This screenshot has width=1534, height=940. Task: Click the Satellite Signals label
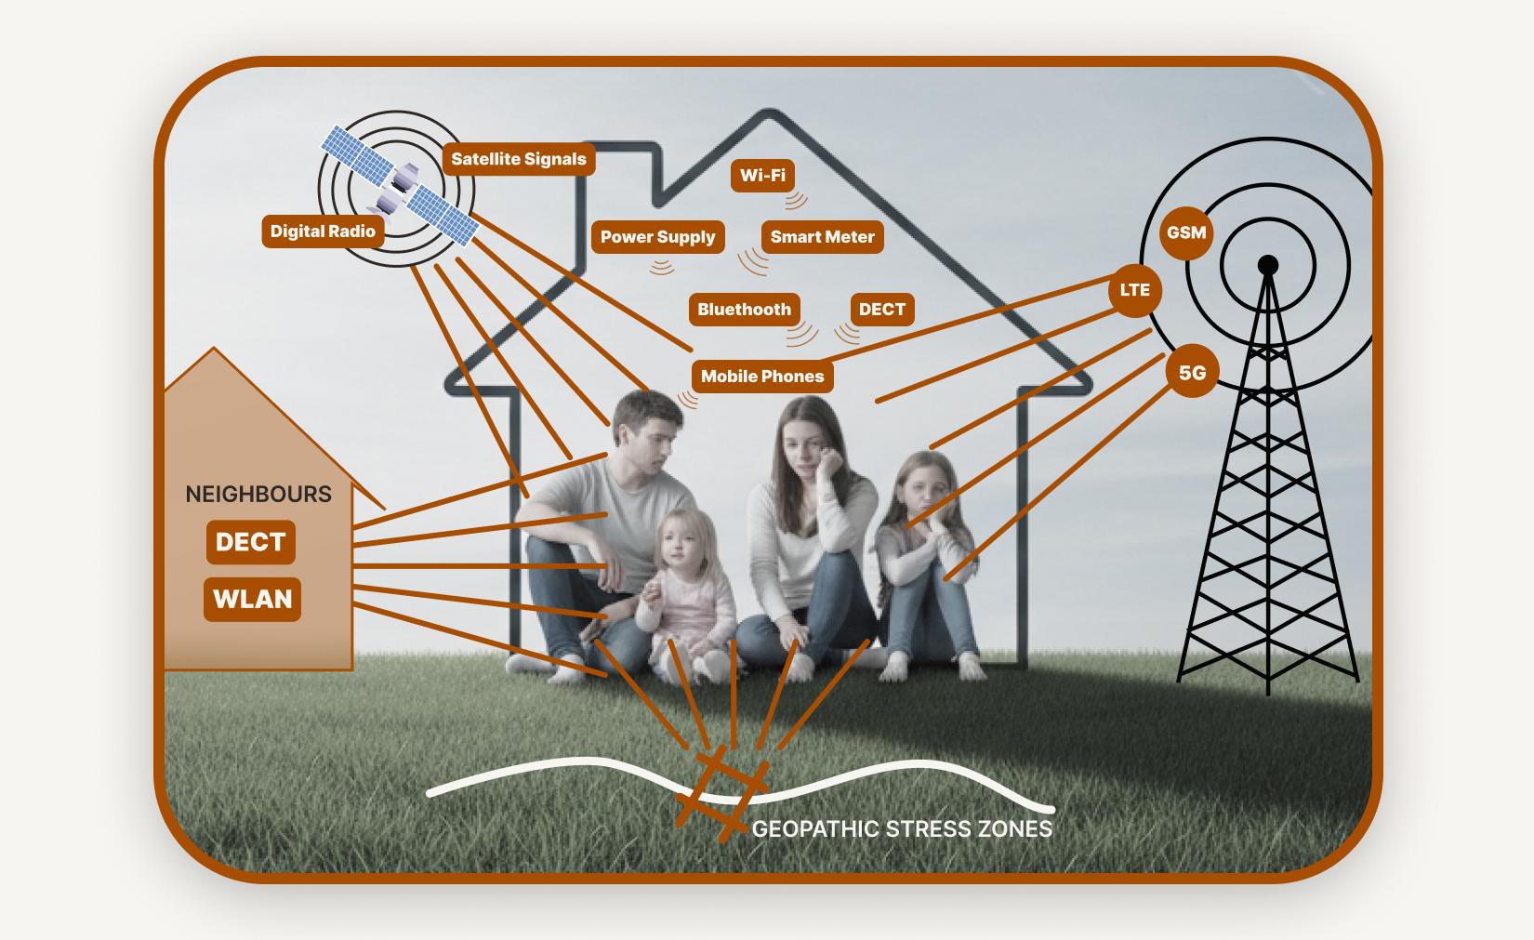(x=519, y=159)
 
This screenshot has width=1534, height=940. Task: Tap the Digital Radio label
(x=323, y=232)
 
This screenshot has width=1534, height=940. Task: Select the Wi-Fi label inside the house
(x=762, y=176)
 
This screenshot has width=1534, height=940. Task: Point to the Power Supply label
(x=657, y=237)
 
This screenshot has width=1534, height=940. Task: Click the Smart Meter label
(x=823, y=237)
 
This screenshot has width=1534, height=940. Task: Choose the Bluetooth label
(x=745, y=310)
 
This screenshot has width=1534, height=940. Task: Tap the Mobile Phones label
(x=762, y=376)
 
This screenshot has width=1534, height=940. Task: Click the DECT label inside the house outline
(x=882, y=310)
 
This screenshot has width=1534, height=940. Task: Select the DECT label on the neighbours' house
(x=251, y=542)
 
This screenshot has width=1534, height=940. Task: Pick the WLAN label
(x=252, y=599)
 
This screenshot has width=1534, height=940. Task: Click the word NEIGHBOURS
(x=258, y=495)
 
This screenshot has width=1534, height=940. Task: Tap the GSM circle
(x=1186, y=232)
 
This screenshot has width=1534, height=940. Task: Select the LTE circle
(x=1135, y=290)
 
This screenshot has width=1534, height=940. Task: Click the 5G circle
(x=1192, y=373)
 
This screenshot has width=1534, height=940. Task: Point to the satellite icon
(x=400, y=185)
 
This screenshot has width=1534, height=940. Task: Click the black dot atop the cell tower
(x=1267, y=264)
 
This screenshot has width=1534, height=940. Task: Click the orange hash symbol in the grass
(x=721, y=793)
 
